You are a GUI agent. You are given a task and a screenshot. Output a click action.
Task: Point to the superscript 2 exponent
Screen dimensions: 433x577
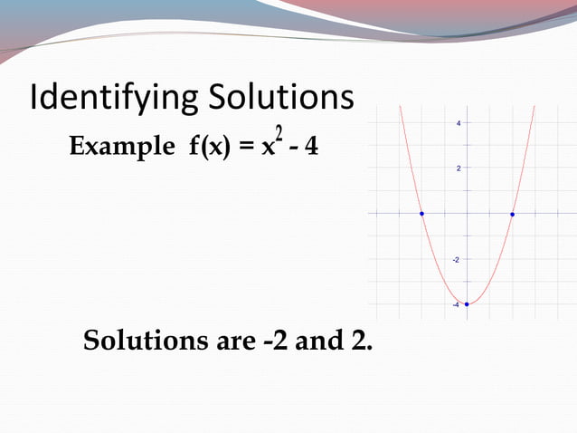coord(280,135)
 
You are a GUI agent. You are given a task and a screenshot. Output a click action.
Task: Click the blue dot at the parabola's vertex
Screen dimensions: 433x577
coord(467,304)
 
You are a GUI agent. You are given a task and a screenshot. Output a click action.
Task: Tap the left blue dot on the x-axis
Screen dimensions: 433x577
coord(421,214)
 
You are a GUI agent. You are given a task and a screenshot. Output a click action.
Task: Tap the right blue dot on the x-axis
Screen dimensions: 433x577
coord(512,214)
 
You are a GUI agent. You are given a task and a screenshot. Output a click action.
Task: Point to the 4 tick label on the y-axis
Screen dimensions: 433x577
coord(459,123)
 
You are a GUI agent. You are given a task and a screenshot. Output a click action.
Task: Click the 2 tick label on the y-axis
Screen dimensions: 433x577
coord(459,168)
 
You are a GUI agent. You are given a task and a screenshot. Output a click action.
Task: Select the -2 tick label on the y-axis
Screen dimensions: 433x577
coord(457,259)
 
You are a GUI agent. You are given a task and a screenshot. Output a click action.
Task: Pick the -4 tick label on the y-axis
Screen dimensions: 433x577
coord(457,304)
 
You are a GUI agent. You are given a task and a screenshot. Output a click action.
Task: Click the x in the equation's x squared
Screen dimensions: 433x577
coord(269,149)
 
